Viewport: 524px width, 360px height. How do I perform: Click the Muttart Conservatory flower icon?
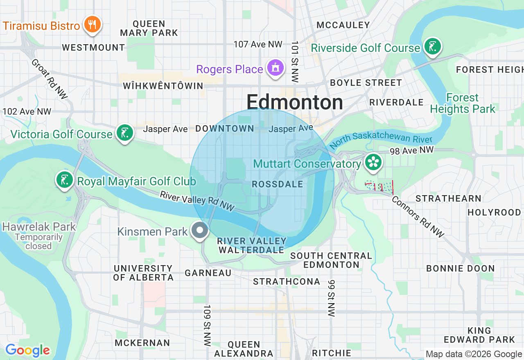coord(373,162)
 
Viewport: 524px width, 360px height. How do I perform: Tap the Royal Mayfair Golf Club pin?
coord(65,180)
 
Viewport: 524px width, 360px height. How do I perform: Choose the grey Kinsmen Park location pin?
coord(200,230)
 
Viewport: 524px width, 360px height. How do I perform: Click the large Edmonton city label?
coord(295,102)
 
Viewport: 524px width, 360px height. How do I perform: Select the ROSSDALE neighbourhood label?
coord(278,184)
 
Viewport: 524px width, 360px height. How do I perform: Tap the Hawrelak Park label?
coord(39,227)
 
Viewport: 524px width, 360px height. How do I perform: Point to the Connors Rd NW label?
coord(418,217)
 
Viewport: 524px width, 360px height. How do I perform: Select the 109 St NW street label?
coord(207,326)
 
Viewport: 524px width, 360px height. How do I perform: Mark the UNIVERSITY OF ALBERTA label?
coord(144,273)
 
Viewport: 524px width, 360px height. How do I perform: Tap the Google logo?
coord(27,350)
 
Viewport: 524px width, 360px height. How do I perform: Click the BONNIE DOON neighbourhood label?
coord(461,268)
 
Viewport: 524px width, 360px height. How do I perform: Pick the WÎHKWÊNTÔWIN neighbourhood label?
coord(163,86)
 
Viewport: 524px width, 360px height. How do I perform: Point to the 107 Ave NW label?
coord(258,44)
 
